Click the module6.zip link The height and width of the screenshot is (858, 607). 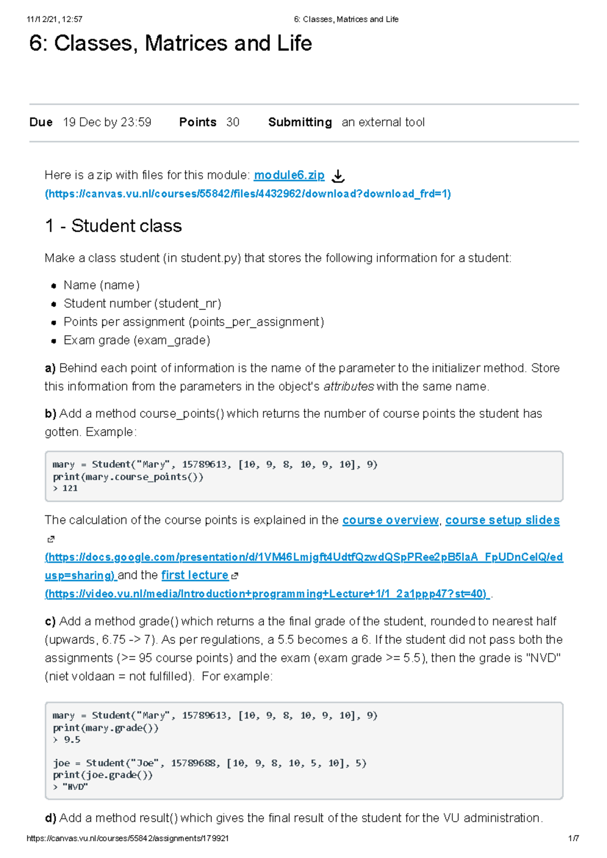coord(289,175)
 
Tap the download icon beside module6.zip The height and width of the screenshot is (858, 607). coord(338,176)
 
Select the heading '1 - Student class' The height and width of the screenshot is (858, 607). coord(113,226)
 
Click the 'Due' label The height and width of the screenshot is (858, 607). coord(41,122)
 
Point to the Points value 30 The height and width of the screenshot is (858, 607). coord(233,122)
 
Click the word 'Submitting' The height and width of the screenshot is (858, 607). coord(300,122)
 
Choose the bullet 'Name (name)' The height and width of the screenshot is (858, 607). coord(101,285)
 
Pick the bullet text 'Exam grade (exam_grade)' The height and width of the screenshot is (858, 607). coord(137,340)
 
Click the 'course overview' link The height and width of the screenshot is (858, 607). coord(391,520)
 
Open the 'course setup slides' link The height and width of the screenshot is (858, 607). coord(502,520)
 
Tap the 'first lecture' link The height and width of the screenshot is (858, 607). coord(195,575)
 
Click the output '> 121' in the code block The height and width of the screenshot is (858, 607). coord(65,488)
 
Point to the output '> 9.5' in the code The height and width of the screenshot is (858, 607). coord(66,740)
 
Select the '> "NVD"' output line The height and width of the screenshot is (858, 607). coord(70,787)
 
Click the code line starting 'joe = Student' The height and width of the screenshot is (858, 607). coord(209,763)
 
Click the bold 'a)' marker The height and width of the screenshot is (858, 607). coord(50,368)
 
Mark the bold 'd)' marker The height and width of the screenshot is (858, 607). coord(50,818)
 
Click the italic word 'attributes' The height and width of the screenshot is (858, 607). coord(349,387)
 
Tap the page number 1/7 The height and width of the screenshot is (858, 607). coord(573,838)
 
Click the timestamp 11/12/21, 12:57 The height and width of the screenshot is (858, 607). coord(55,19)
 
